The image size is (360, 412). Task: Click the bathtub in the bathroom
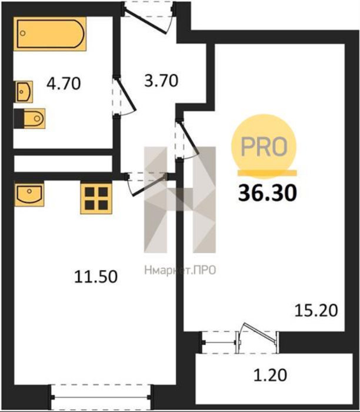click(x=50, y=34)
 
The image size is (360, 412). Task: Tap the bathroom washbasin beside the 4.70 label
click(x=24, y=92)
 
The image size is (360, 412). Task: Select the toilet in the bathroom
click(x=29, y=118)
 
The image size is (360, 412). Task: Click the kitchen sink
click(x=29, y=194)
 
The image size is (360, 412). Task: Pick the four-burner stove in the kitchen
click(x=96, y=198)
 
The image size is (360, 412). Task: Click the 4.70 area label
click(x=64, y=84)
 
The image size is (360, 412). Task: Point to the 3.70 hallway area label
click(x=161, y=81)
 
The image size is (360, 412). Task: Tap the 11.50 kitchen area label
click(x=95, y=277)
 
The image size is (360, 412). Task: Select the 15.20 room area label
click(x=316, y=310)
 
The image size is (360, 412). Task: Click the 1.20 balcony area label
click(x=270, y=375)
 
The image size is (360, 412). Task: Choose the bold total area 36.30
click(x=267, y=192)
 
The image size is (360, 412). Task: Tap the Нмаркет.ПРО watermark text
click(x=180, y=270)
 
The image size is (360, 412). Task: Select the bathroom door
click(x=124, y=96)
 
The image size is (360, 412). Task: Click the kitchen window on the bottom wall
click(x=101, y=397)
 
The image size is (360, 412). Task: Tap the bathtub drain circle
click(x=23, y=34)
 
